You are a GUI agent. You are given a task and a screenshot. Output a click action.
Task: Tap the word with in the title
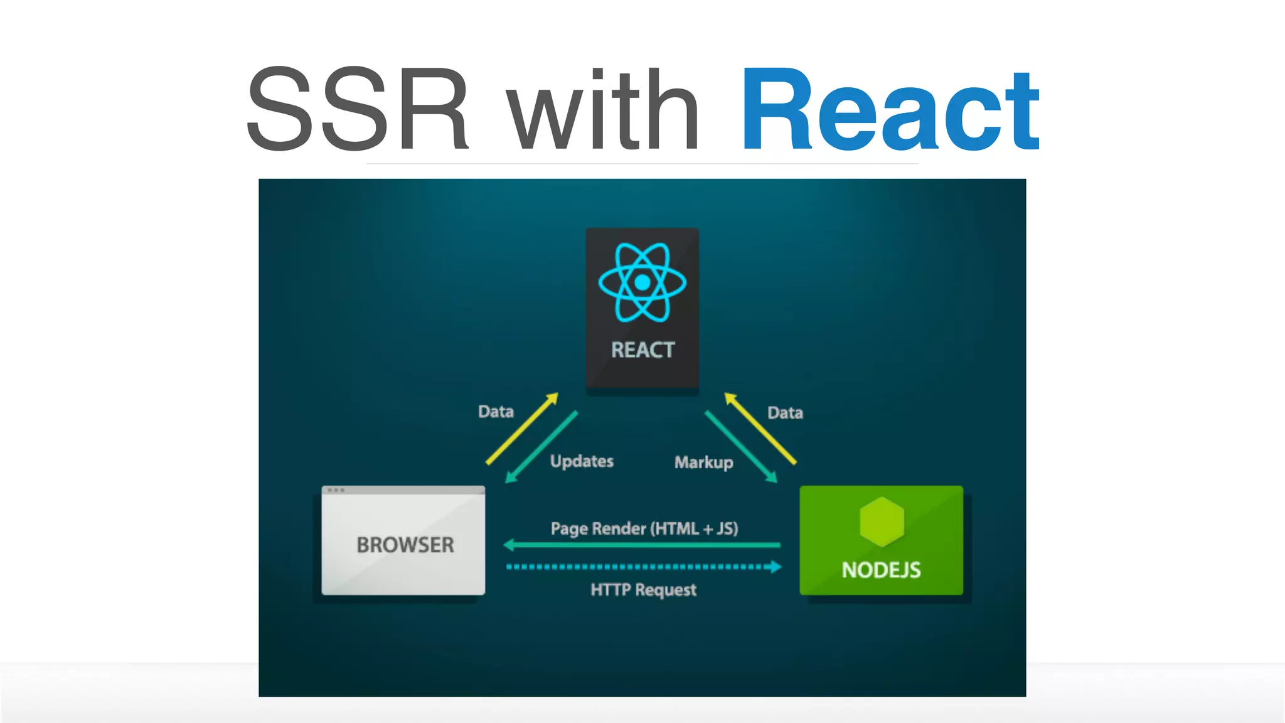(603, 110)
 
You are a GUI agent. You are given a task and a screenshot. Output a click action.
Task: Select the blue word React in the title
(890, 110)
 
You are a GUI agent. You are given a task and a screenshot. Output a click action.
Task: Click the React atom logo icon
(642, 282)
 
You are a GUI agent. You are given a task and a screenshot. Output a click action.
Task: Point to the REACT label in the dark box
(642, 350)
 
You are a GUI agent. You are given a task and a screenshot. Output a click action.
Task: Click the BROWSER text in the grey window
(405, 545)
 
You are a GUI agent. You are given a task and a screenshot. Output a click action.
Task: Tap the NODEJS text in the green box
(881, 570)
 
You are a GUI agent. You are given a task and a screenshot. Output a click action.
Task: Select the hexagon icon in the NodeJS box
(882, 522)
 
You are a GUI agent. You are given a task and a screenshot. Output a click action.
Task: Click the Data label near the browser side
(496, 411)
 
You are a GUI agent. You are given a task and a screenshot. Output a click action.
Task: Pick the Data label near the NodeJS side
(785, 412)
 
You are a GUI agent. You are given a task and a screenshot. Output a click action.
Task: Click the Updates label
(582, 461)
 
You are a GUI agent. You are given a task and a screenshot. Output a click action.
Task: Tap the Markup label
(703, 462)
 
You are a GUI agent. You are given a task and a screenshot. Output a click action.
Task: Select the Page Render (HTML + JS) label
(644, 528)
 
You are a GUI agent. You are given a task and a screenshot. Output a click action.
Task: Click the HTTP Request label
(643, 589)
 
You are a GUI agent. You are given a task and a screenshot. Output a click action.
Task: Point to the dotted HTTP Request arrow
(644, 567)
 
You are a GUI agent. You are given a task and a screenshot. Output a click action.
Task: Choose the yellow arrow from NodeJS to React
(760, 429)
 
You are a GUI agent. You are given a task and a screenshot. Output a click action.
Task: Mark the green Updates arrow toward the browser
(541, 447)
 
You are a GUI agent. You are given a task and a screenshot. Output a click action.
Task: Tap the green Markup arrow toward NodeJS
(741, 447)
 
